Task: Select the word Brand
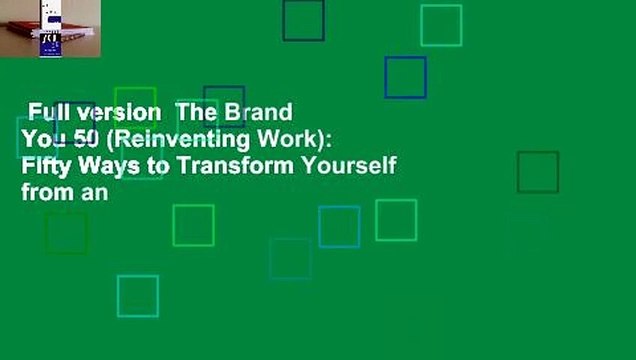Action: tap(262, 111)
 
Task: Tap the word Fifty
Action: tap(43, 166)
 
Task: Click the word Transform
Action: tap(217, 166)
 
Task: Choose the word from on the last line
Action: tap(43, 194)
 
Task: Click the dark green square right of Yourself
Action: tap(537, 172)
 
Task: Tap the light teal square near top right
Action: tap(441, 26)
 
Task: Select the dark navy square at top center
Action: tap(303, 21)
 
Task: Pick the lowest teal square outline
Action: tap(137, 296)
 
